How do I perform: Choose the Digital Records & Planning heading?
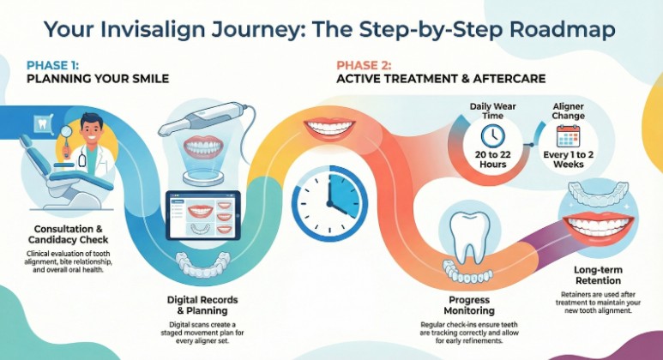pos(202,305)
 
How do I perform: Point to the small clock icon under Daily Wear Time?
pos(492,135)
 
